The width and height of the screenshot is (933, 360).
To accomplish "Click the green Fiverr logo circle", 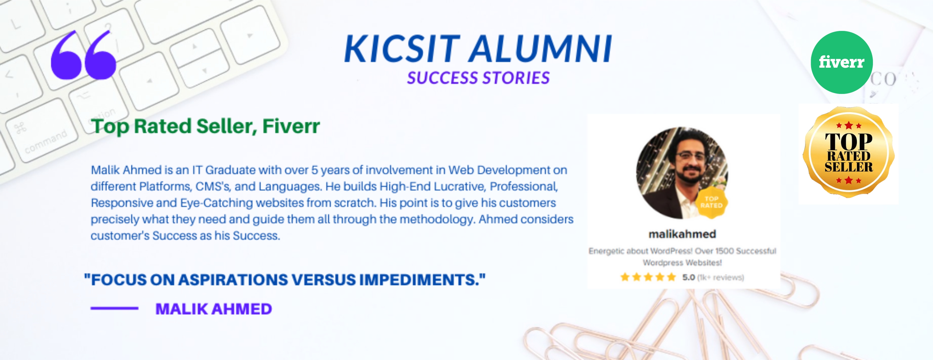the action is [841, 62].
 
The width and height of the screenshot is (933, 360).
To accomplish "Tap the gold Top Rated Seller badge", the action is [848, 152].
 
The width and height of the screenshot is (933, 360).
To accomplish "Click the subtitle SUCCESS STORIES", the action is [478, 78].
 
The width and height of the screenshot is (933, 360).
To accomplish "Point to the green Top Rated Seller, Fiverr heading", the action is [205, 126].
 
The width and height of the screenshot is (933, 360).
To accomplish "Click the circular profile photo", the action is [682, 173].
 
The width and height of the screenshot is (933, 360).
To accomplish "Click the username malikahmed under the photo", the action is [682, 234].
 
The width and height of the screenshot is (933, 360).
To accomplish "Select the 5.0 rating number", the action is [689, 277].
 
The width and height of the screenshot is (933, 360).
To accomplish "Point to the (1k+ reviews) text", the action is [720, 278].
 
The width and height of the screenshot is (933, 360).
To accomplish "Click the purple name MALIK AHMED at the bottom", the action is [214, 309].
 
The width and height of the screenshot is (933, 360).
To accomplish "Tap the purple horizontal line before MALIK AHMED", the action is [114, 308].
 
